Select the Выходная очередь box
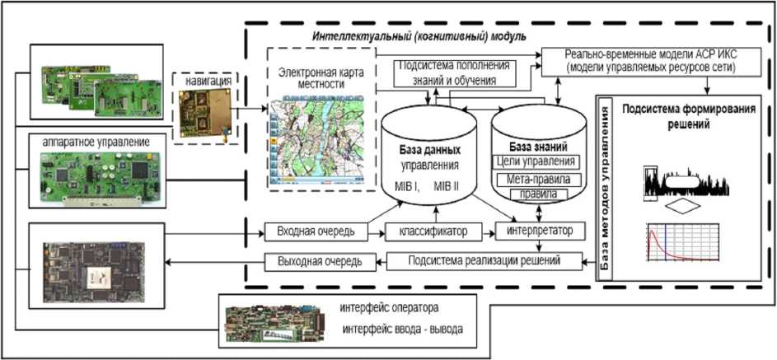[313, 262]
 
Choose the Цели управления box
[536, 161]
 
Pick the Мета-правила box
[535, 179]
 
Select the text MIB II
[452, 187]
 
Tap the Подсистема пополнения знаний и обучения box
[454, 72]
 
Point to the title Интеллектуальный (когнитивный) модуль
[419, 38]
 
